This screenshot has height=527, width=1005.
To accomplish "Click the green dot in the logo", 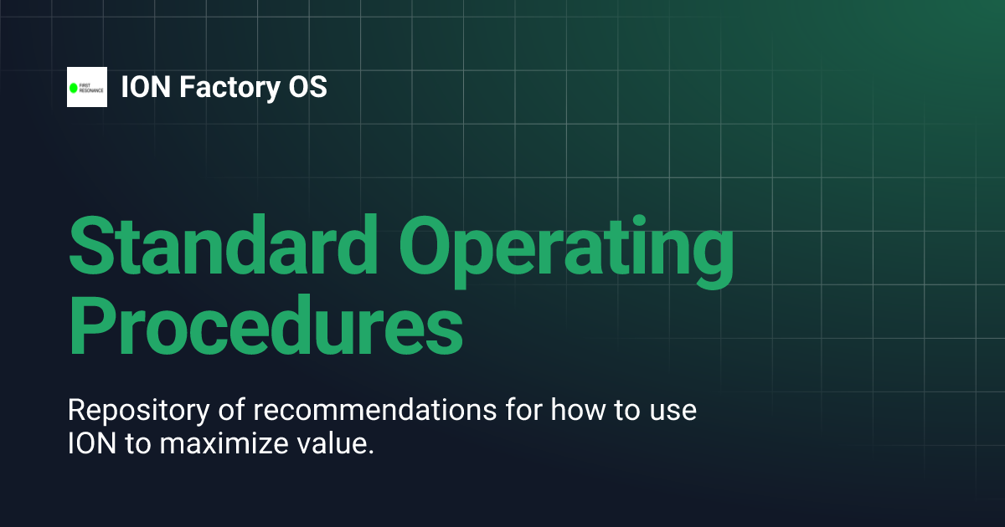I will [x=74, y=87].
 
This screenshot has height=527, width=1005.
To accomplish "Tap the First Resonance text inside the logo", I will [x=91, y=87].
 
